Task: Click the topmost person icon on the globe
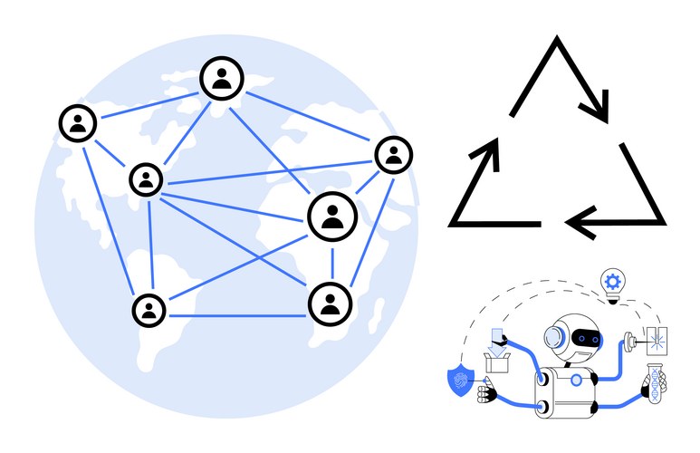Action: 222,79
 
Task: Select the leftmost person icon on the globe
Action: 79,123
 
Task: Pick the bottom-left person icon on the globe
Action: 148,310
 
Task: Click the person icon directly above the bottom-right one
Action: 332,217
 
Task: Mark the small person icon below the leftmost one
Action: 146,179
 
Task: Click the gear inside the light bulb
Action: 613,281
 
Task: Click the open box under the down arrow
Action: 497,363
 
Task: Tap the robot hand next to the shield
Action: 489,392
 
